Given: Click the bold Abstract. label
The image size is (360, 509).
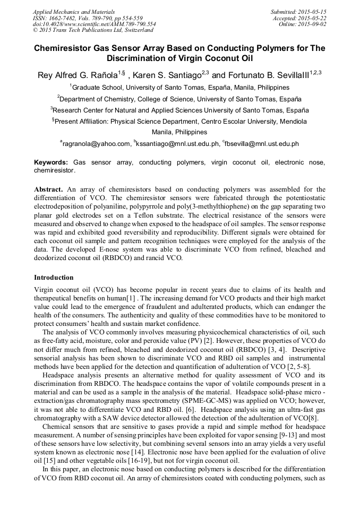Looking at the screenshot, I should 49,189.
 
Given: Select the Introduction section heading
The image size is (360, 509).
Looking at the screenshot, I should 54,278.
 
